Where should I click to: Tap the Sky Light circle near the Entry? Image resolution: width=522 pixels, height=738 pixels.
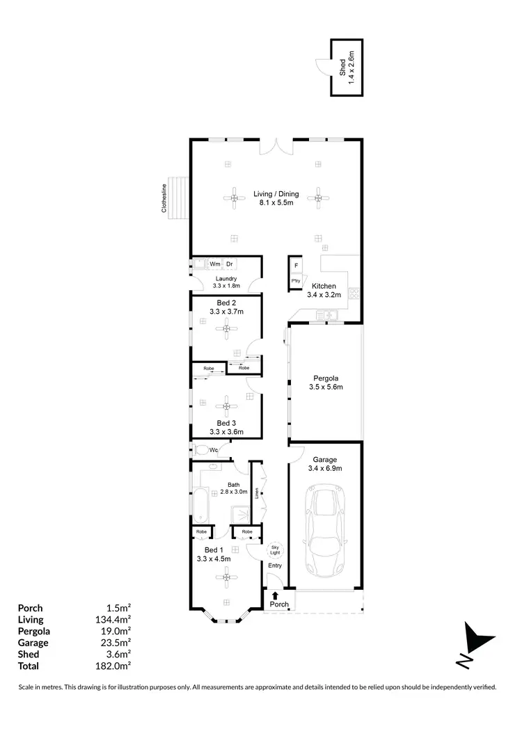[x=275, y=550]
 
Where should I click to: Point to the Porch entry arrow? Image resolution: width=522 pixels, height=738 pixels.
[x=276, y=595]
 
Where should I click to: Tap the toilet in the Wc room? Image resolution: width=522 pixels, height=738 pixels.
[x=200, y=450]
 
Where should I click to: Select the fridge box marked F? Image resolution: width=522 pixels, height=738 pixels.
[x=296, y=266]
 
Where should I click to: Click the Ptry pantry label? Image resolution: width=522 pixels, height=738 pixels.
[x=296, y=281]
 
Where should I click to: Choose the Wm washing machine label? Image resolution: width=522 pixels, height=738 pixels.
[x=215, y=264]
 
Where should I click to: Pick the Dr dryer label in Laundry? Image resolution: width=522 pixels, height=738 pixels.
[x=229, y=264]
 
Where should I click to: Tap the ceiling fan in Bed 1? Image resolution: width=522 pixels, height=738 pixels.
[x=226, y=575]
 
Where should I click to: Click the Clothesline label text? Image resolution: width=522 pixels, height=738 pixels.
[x=165, y=198]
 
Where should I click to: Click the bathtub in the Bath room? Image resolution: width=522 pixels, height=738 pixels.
[x=200, y=506]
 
